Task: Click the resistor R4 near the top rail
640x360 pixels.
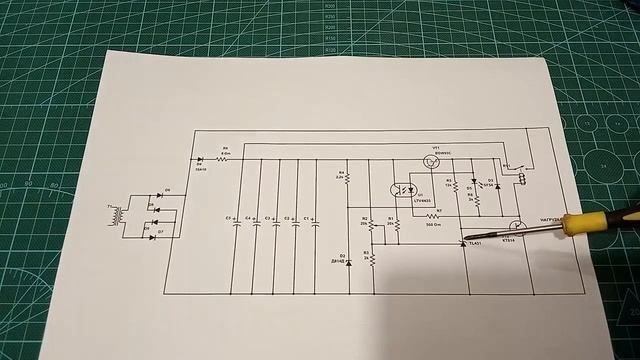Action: coord(347,180)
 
